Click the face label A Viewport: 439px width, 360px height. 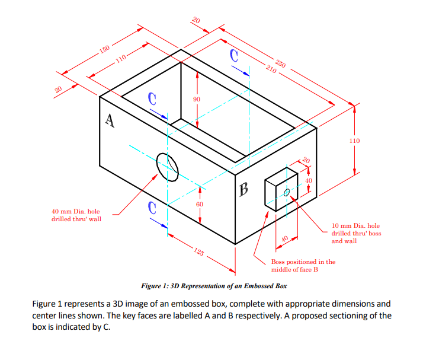[109, 120]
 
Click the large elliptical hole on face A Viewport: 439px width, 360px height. [168, 166]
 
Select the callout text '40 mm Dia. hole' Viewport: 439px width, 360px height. [76, 211]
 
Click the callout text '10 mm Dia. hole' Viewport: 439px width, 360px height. [356, 225]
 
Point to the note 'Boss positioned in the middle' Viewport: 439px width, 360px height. [303, 262]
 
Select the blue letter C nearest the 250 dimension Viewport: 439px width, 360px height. [235, 56]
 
